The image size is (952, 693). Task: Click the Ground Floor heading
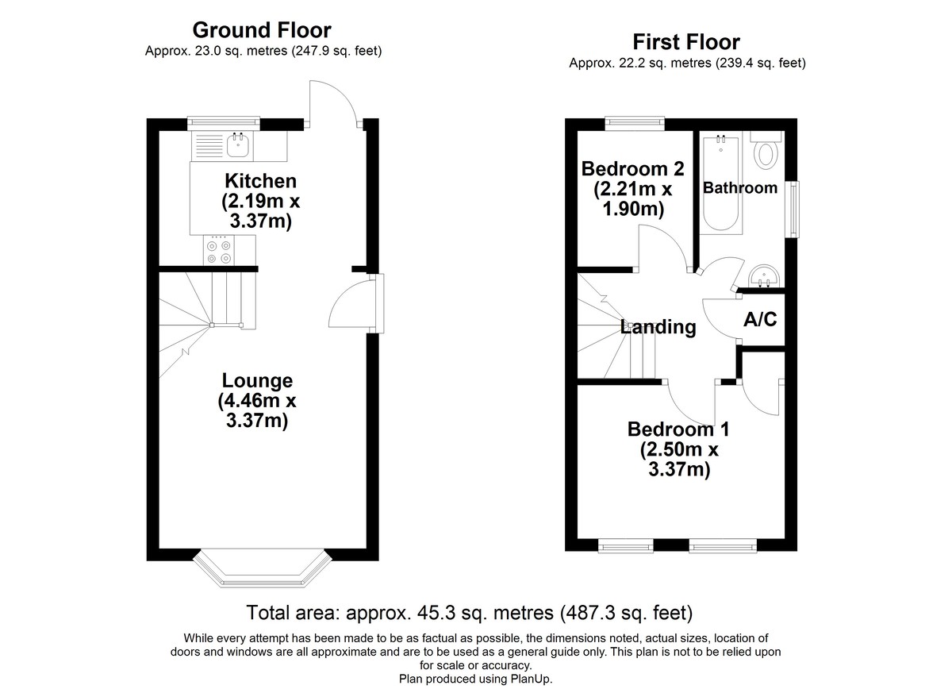pyautogui.click(x=262, y=30)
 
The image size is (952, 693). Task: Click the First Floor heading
pyautogui.click(x=686, y=42)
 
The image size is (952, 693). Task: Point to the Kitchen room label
pyautogui.click(x=260, y=181)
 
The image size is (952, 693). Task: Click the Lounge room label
pyautogui.click(x=257, y=380)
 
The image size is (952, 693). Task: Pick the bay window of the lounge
pyautogui.click(x=263, y=569)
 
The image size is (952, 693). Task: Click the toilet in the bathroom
pyautogui.click(x=766, y=148)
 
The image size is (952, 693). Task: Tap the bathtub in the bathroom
pyautogui.click(x=721, y=183)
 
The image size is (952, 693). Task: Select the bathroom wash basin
pyautogui.click(x=764, y=276)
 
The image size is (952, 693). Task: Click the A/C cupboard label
pyautogui.click(x=760, y=319)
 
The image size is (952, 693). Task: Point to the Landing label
pyautogui.click(x=658, y=327)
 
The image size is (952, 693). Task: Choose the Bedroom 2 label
pyautogui.click(x=633, y=169)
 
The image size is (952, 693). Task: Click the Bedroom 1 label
pyautogui.click(x=679, y=429)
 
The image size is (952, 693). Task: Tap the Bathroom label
pyautogui.click(x=740, y=188)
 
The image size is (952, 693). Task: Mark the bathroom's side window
pyautogui.click(x=794, y=210)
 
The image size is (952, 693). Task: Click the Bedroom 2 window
pyautogui.click(x=635, y=123)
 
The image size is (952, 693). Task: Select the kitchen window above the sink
pyautogui.click(x=224, y=123)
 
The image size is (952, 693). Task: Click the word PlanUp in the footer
pyautogui.click(x=532, y=679)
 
